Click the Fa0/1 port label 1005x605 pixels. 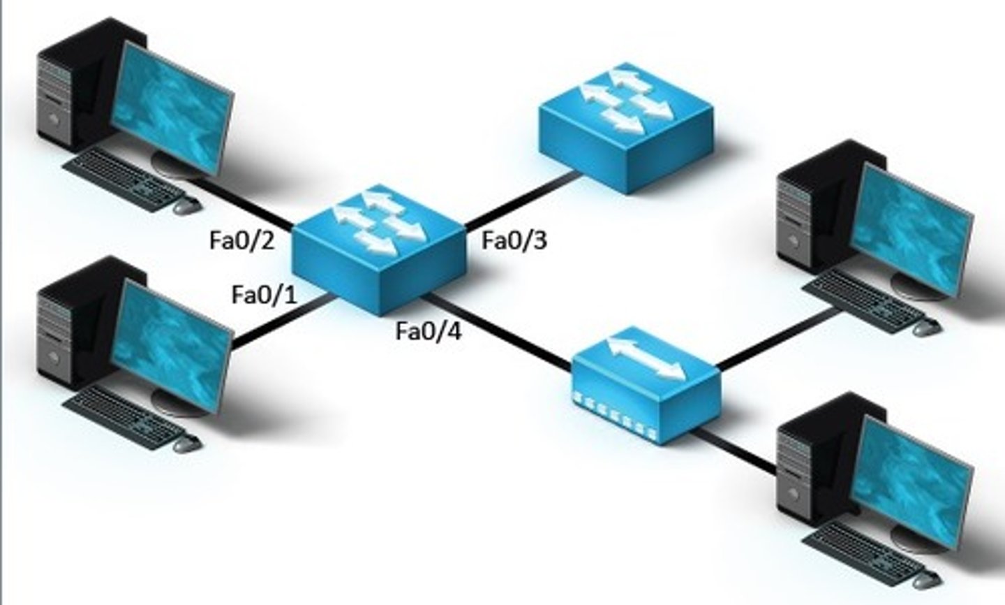click(264, 295)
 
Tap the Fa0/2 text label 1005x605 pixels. click(241, 241)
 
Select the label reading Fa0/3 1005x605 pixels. click(514, 241)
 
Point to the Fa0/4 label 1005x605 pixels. click(428, 331)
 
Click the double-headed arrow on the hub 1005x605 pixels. click(646, 357)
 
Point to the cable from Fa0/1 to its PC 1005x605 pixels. click(279, 322)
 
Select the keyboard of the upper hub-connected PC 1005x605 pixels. click(862, 300)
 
